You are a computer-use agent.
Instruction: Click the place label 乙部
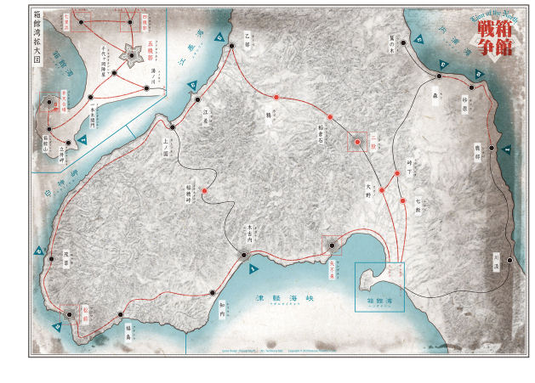tap(248, 36)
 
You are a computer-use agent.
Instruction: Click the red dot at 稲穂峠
tap(205, 191)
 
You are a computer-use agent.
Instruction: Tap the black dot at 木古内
tap(243, 255)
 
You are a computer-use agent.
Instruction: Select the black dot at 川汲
tap(509, 260)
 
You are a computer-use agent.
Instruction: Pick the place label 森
tap(435, 97)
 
